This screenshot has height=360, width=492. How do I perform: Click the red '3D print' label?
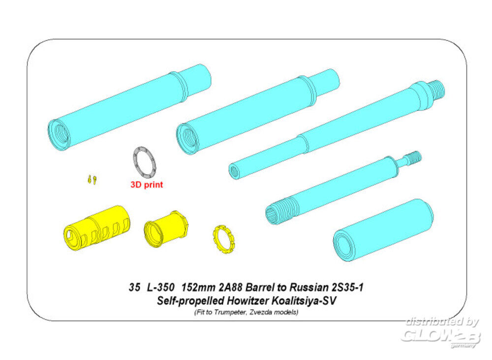point(147,185)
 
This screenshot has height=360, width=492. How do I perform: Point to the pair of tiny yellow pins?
point(92,180)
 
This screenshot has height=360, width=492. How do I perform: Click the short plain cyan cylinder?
point(383,230)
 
